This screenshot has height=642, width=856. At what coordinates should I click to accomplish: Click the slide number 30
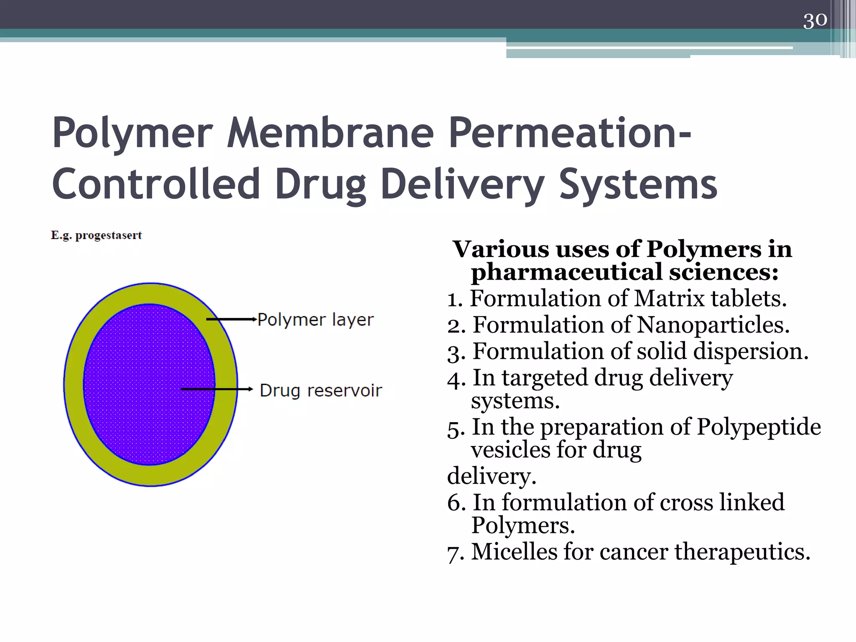coord(815,20)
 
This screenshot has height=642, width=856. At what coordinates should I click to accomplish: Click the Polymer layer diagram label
coord(316,320)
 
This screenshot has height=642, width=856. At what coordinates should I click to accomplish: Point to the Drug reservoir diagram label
coord(321,390)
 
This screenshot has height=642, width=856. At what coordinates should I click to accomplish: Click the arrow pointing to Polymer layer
coord(232,320)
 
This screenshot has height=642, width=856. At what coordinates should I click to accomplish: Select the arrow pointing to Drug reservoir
coord(217,389)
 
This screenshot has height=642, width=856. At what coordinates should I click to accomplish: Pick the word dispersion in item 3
coord(751,351)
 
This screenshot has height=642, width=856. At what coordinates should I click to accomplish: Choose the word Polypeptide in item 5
coord(758,427)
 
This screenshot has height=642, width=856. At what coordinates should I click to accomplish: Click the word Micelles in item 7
coord(514,551)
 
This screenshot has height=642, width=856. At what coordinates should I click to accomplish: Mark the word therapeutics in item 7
coord(742,551)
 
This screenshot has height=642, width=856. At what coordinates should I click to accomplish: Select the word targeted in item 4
coord(545,378)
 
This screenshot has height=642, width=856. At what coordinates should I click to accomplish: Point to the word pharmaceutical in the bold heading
coord(567,272)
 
